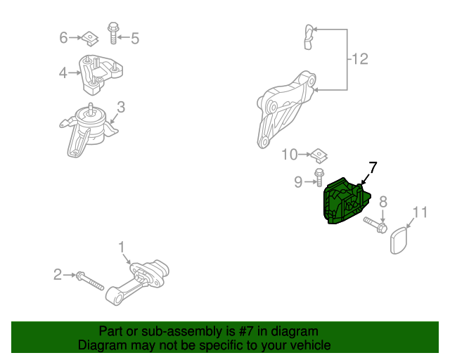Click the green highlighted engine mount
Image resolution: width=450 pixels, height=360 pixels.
coord(346,202)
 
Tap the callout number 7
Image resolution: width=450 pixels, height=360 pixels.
coord(372,167)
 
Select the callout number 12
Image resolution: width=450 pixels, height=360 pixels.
coord(360,59)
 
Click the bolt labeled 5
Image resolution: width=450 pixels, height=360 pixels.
coord(113,33)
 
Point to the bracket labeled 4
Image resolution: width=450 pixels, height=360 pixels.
coord(101,74)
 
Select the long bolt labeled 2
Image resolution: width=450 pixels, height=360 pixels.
coord(89,281)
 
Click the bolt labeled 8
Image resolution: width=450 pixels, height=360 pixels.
coord(375,225)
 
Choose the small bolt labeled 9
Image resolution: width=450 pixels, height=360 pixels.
coord(319,177)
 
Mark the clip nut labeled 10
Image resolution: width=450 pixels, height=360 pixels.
coord(319,155)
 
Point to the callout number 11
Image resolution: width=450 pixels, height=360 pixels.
coord(420,212)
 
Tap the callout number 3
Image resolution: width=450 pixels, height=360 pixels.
coord(121,107)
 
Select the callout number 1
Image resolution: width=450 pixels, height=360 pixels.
coord(122,247)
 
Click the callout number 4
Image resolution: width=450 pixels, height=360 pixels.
coord(63,72)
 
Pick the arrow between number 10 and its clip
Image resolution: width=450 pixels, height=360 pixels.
coord(304,155)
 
